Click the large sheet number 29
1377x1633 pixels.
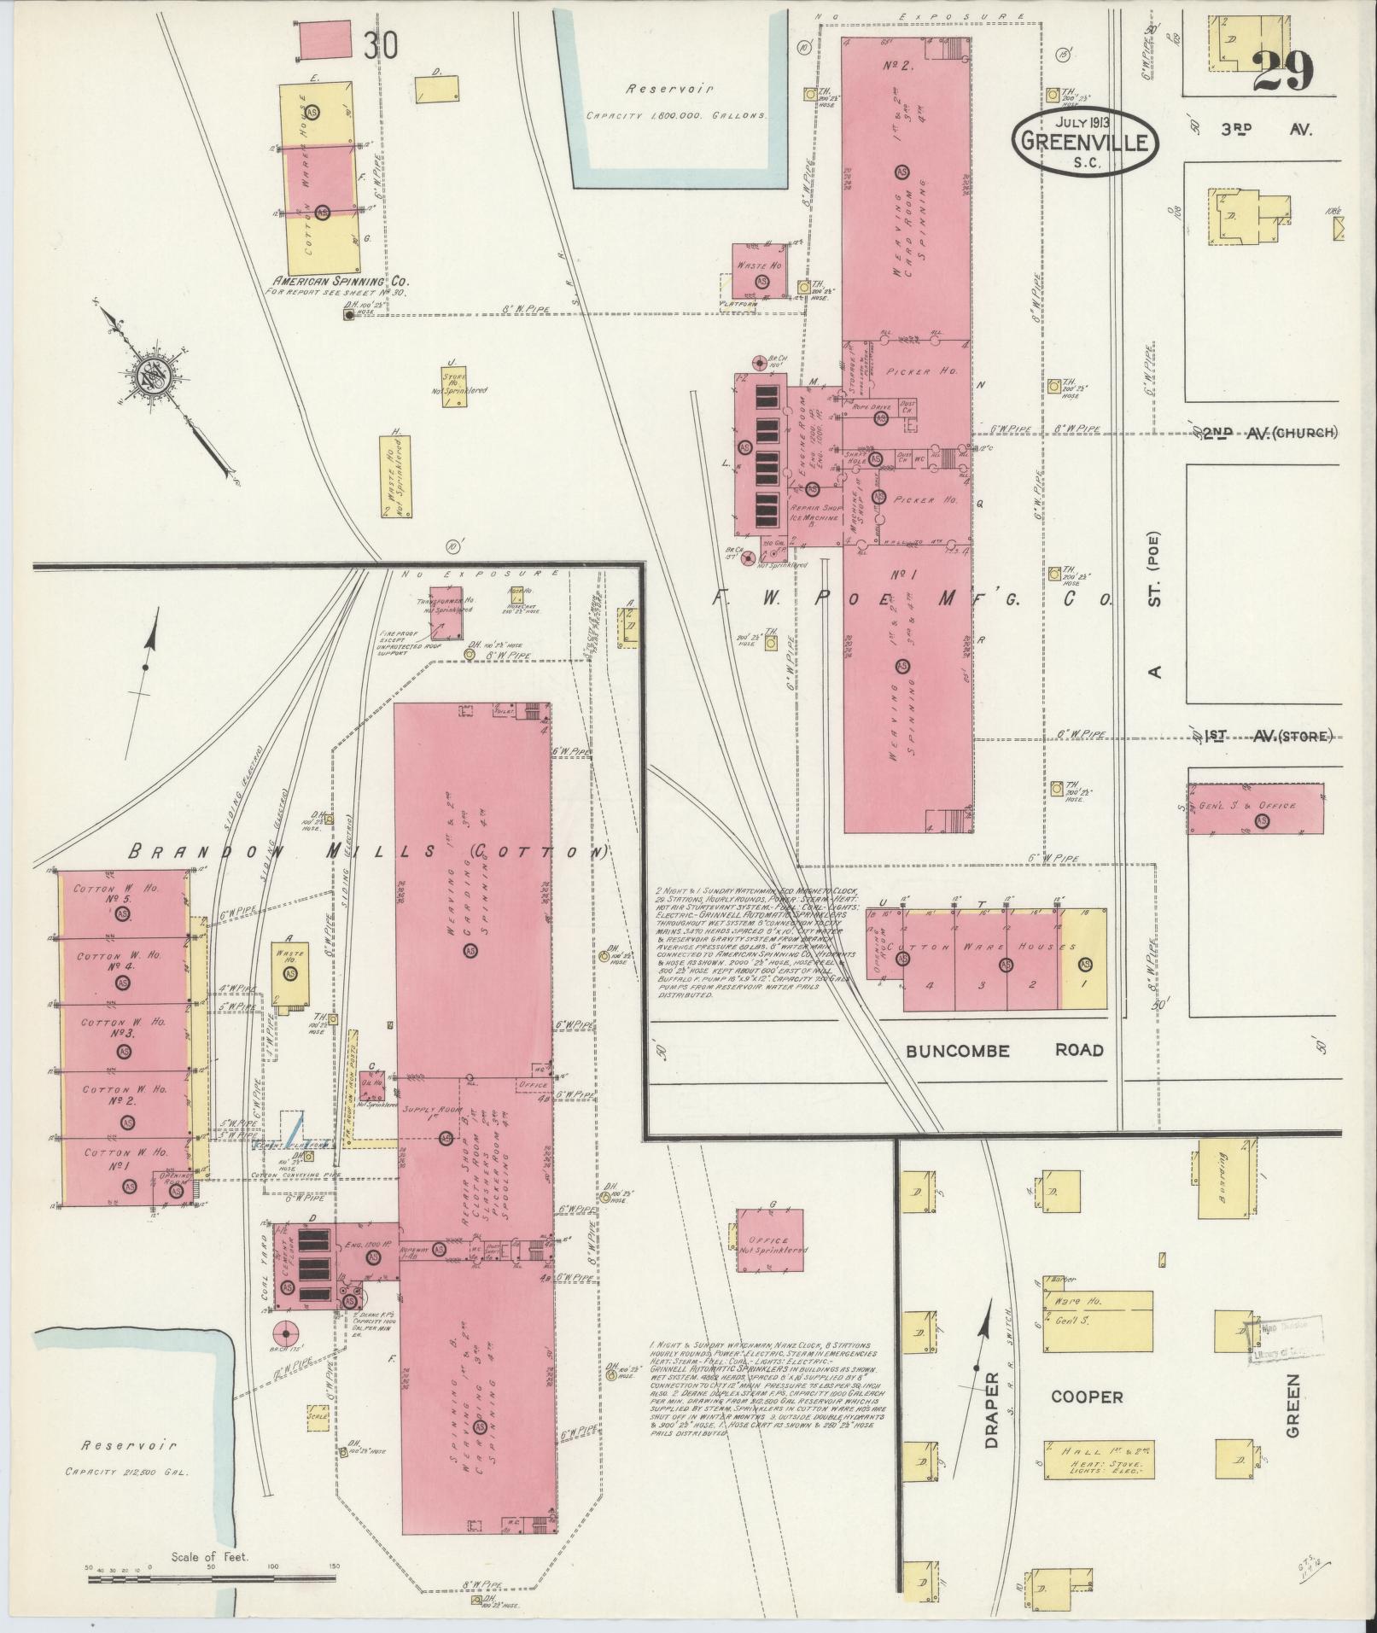tap(1283, 70)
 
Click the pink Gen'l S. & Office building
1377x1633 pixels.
tap(1255, 808)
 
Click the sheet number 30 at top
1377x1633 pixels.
tap(380, 46)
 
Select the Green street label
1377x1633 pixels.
tap(1292, 1417)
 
